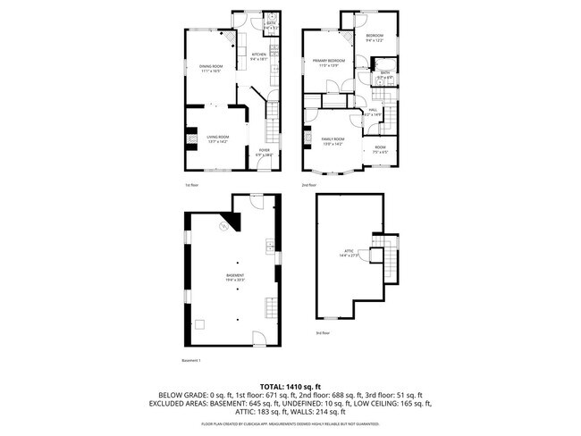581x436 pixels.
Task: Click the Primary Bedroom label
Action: (x=325, y=63)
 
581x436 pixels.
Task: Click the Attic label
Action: (x=349, y=253)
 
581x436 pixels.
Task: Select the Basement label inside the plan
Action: (x=235, y=278)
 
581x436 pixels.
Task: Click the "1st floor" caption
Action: (x=191, y=185)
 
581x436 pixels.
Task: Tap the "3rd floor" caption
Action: (x=322, y=332)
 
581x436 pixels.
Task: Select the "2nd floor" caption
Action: (x=307, y=185)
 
